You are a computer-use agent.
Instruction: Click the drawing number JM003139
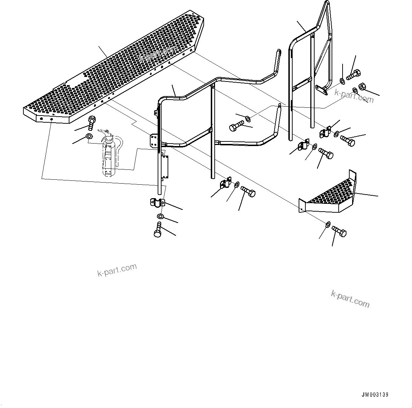click(376, 395)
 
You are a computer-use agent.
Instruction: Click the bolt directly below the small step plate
click(339, 232)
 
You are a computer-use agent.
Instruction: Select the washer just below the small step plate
click(328, 224)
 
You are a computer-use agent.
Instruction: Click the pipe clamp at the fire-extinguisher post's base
click(156, 203)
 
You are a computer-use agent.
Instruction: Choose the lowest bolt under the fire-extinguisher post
click(158, 229)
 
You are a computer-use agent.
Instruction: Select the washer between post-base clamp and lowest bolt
click(160, 217)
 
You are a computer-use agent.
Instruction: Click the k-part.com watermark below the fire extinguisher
click(117, 270)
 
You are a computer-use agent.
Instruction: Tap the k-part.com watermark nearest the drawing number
click(350, 299)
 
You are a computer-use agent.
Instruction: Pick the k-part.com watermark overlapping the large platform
click(158, 55)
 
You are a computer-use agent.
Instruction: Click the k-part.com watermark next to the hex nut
click(354, 96)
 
